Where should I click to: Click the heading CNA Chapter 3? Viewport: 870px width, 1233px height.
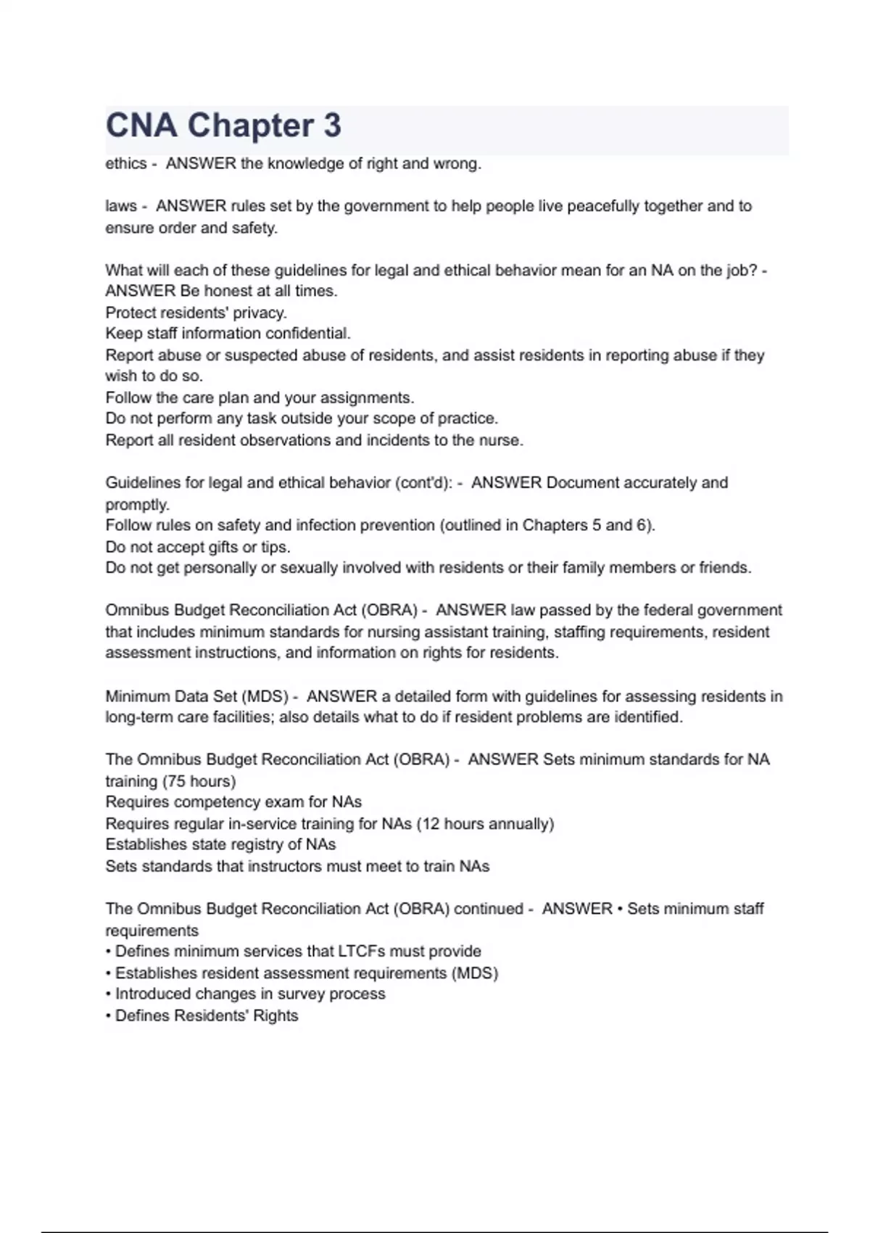[x=223, y=125]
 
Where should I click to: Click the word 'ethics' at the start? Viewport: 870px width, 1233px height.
[x=126, y=164]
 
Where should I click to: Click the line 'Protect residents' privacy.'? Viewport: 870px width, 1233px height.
[x=196, y=313]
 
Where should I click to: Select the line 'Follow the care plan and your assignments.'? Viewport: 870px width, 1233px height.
[x=260, y=397]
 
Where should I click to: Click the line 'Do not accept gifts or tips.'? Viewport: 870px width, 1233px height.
[x=198, y=547]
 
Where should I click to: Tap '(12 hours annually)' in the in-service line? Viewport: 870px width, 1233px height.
[x=485, y=824]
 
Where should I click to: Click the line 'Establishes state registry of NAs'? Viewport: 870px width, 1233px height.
[x=220, y=845]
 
